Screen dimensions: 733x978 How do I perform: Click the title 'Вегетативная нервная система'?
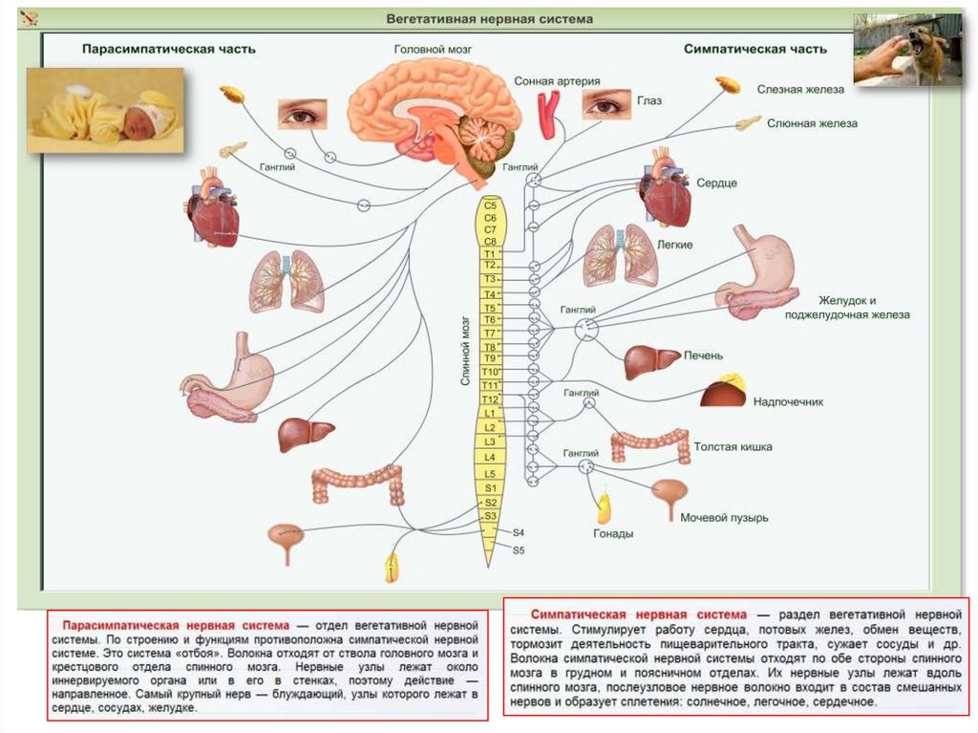(489, 19)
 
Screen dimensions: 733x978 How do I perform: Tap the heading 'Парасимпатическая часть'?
(168, 49)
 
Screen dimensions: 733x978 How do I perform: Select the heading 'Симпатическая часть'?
(755, 49)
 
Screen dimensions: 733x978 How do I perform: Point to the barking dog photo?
(907, 50)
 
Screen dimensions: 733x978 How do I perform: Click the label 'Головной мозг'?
(433, 49)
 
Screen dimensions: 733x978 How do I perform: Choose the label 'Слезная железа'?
(800, 89)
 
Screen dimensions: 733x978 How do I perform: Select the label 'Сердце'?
(716, 183)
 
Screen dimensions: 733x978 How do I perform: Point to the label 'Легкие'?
(674, 245)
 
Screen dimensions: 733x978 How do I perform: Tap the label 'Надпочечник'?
(788, 402)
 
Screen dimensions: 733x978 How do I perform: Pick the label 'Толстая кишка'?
(733, 446)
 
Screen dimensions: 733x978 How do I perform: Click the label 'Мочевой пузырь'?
(724, 518)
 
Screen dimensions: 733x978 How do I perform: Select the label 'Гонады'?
(612, 534)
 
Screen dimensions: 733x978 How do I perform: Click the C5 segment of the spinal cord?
(491, 205)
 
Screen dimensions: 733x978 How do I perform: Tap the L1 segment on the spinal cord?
(490, 412)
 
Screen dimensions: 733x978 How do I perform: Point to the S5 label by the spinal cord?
(519, 550)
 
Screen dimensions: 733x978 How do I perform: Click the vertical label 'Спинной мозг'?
(466, 348)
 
